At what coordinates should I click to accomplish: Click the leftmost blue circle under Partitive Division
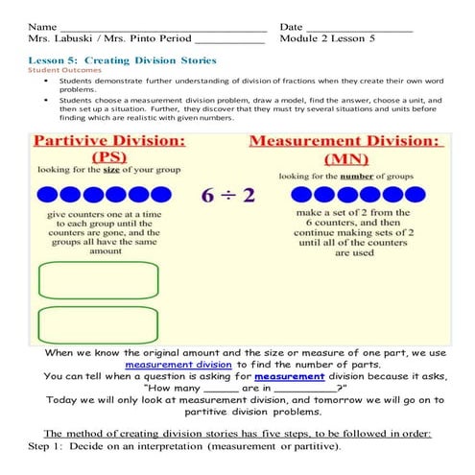(44, 195)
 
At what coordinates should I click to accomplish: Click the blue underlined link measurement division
(178, 365)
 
